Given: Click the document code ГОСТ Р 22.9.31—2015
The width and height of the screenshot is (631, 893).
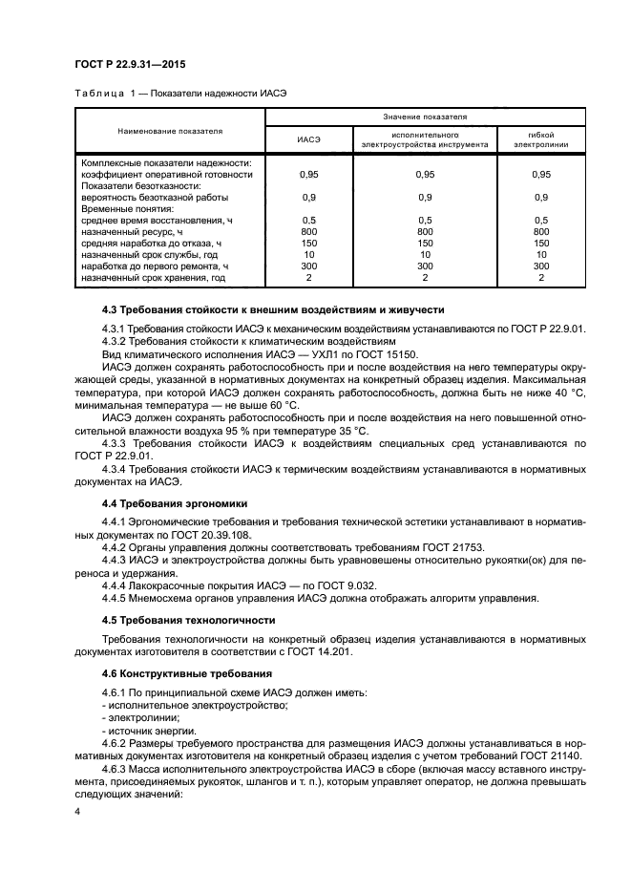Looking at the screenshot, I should tap(129, 64).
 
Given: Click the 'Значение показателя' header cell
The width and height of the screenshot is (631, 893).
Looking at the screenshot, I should tap(425, 117).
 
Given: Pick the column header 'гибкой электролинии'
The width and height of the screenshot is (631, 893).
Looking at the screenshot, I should tap(541, 139).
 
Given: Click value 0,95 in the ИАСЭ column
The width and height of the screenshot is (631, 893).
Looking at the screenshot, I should tap(308, 175).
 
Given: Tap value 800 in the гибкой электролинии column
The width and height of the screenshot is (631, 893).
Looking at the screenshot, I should tap(541, 232).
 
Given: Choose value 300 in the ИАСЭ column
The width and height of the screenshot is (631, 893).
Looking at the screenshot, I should tap(308, 266).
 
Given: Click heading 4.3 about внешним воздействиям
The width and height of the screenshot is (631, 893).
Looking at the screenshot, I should tap(272, 310).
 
